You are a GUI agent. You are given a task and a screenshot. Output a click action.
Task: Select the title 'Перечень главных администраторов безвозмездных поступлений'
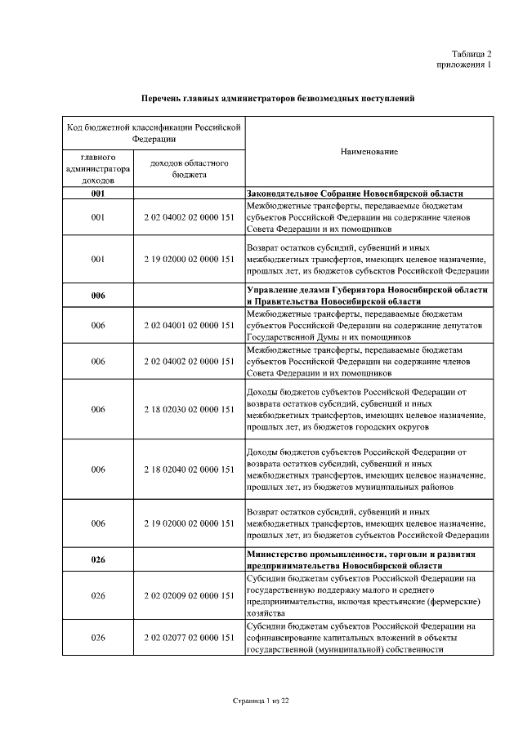tap(278, 99)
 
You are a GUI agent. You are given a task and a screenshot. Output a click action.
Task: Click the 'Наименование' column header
tap(369, 152)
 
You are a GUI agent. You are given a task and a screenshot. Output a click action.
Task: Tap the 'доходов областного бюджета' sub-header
tap(189, 168)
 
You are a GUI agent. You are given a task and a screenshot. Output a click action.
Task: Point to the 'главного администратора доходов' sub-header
tap(98, 168)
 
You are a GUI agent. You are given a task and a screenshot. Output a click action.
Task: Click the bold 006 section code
tap(98, 296)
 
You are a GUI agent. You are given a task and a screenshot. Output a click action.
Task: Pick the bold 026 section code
tap(98, 559)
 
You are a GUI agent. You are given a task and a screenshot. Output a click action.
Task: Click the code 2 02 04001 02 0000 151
tap(189, 325)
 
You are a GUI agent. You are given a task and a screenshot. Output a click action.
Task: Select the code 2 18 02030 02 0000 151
tap(189, 408)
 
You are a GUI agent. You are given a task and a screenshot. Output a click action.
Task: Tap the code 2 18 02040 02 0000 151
tap(189, 470)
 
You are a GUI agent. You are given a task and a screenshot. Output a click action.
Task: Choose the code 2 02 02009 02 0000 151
tap(189, 595)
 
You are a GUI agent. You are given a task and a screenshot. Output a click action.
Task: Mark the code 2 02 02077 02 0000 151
tap(189, 635)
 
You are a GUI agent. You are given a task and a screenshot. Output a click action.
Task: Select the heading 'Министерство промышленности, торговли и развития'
tap(367, 554)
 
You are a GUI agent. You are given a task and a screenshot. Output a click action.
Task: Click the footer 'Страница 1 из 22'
tap(261, 701)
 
